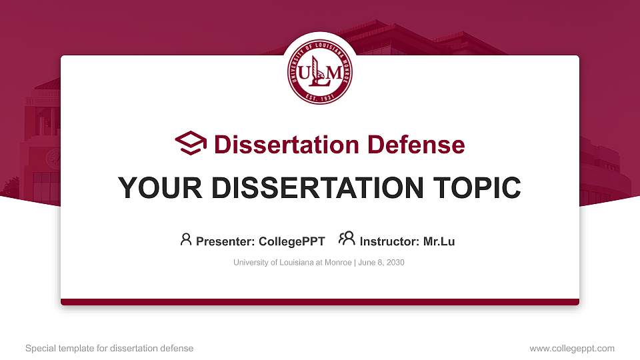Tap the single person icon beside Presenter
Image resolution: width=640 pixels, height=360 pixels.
[x=186, y=239]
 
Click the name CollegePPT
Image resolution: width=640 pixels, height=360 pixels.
[x=291, y=241]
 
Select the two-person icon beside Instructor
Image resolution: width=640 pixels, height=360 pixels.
[x=347, y=239]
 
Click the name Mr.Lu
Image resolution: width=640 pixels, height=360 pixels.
[x=439, y=241]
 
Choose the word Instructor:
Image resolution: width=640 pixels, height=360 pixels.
[x=389, y=241]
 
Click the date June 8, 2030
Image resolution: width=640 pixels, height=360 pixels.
[x=381, y=263]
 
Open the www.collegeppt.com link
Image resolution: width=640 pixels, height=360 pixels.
[x=572, y=348]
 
